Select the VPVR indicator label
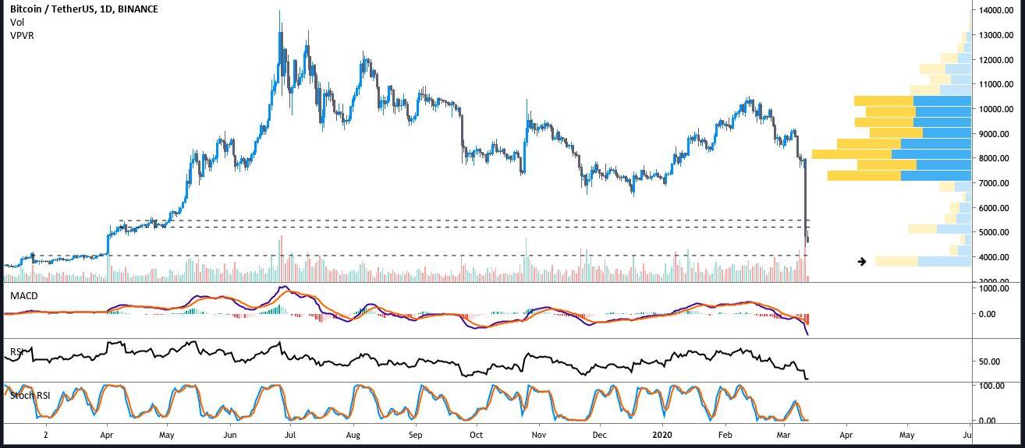coord(23,36)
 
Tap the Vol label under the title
coord(16,23)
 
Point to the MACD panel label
coord(23,296)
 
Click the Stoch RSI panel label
coord(30,395)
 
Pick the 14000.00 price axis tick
coord(995,11)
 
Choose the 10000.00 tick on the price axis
coord(995,109)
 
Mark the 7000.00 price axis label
coord(997,183)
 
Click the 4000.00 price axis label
coord(997,257)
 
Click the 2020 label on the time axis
coord(660,434)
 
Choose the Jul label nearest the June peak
coord(289,434)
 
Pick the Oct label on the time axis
coord(476,434)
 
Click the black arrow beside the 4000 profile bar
coord(862,262)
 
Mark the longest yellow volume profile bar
coord(852,154)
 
